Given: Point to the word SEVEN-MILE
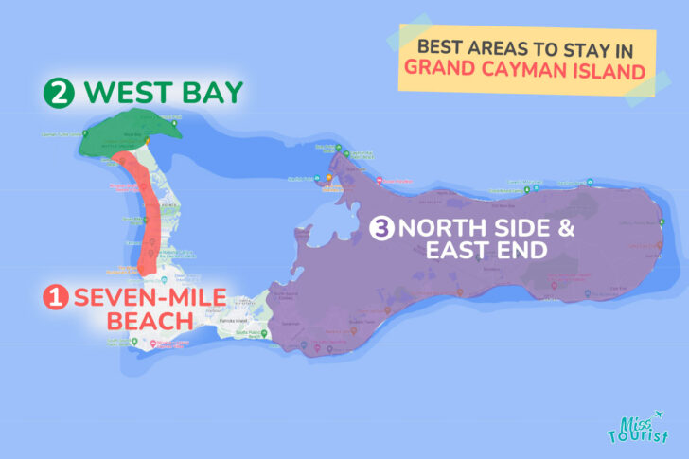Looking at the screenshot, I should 150,298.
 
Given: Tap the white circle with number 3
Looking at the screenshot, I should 381,228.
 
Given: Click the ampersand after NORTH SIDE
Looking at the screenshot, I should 538,228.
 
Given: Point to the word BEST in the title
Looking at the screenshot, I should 438,45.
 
